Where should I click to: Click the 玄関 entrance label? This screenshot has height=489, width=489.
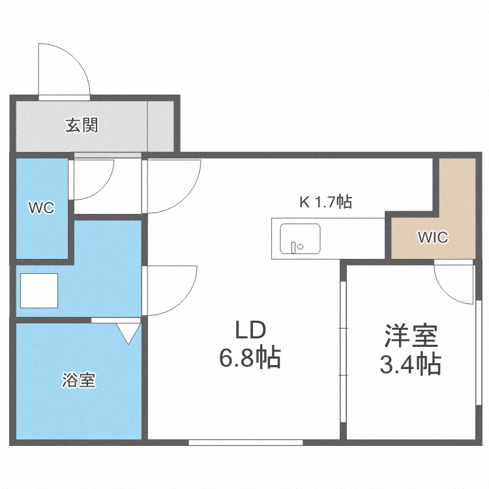81,125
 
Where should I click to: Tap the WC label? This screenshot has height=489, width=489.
40,209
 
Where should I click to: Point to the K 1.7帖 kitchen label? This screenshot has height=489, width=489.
325,202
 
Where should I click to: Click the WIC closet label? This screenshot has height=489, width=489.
433,237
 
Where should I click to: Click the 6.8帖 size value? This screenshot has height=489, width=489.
250,358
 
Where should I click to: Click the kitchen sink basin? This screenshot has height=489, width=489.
300,239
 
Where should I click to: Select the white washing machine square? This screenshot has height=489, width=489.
39,290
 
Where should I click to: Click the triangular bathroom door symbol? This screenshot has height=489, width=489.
129,333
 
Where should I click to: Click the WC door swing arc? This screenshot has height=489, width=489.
91,179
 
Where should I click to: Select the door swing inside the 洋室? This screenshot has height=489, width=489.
454,282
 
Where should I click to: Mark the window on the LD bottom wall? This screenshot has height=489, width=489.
246,443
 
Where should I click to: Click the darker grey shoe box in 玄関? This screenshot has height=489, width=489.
160,125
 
